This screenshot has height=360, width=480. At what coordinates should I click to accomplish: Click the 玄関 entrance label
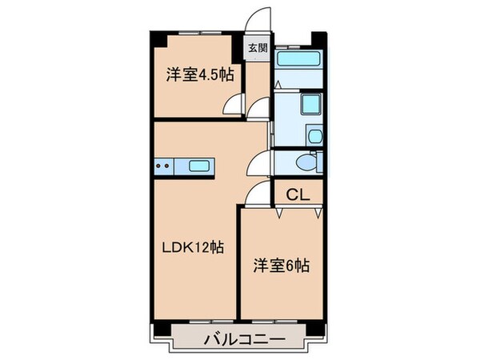254,48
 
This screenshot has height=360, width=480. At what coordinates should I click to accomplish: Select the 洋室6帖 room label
282,266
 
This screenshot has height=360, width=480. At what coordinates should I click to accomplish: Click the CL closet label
297,193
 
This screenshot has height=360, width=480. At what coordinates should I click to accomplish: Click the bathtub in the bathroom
296,58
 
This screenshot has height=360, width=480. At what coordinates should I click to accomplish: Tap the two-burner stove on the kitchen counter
162,166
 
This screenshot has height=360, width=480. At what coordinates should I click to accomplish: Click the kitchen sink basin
199,166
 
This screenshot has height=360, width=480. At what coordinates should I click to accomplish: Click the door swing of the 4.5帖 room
234,104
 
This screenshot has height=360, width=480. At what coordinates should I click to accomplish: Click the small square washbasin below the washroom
314,135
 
